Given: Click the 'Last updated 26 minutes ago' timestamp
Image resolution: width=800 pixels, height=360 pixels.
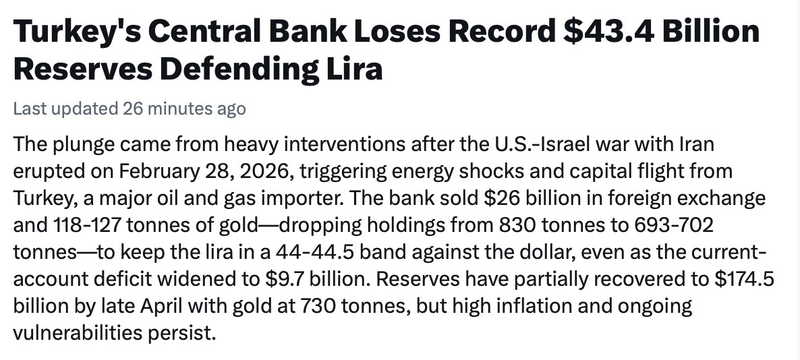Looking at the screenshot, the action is pyautogui.click(x=130, y=109).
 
